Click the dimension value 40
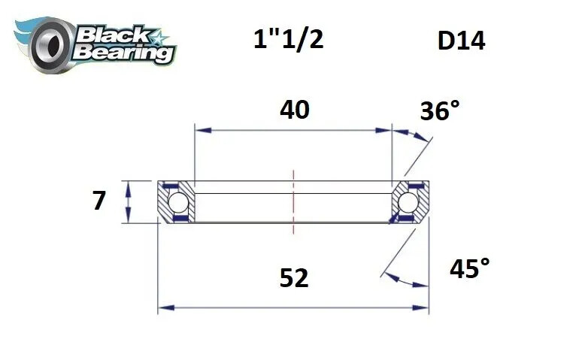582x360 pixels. click(293, 110)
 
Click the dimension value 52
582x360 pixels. click(293, 278)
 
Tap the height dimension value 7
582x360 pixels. click(99, 201)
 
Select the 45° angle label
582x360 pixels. click(469, 268)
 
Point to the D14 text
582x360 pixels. click(461, 41)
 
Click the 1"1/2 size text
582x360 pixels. click(289, 39)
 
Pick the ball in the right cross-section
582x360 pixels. click(408, 202)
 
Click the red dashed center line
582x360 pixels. click(293, 199)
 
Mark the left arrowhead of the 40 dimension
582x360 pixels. click(199, 131)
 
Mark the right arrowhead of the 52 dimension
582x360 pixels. click(424, 307)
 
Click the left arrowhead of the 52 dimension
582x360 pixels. click(163, 307)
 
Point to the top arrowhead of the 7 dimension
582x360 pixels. click(129, 185)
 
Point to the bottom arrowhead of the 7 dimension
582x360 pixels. click(129, 219)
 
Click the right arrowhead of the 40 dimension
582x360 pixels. click(387, 131)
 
